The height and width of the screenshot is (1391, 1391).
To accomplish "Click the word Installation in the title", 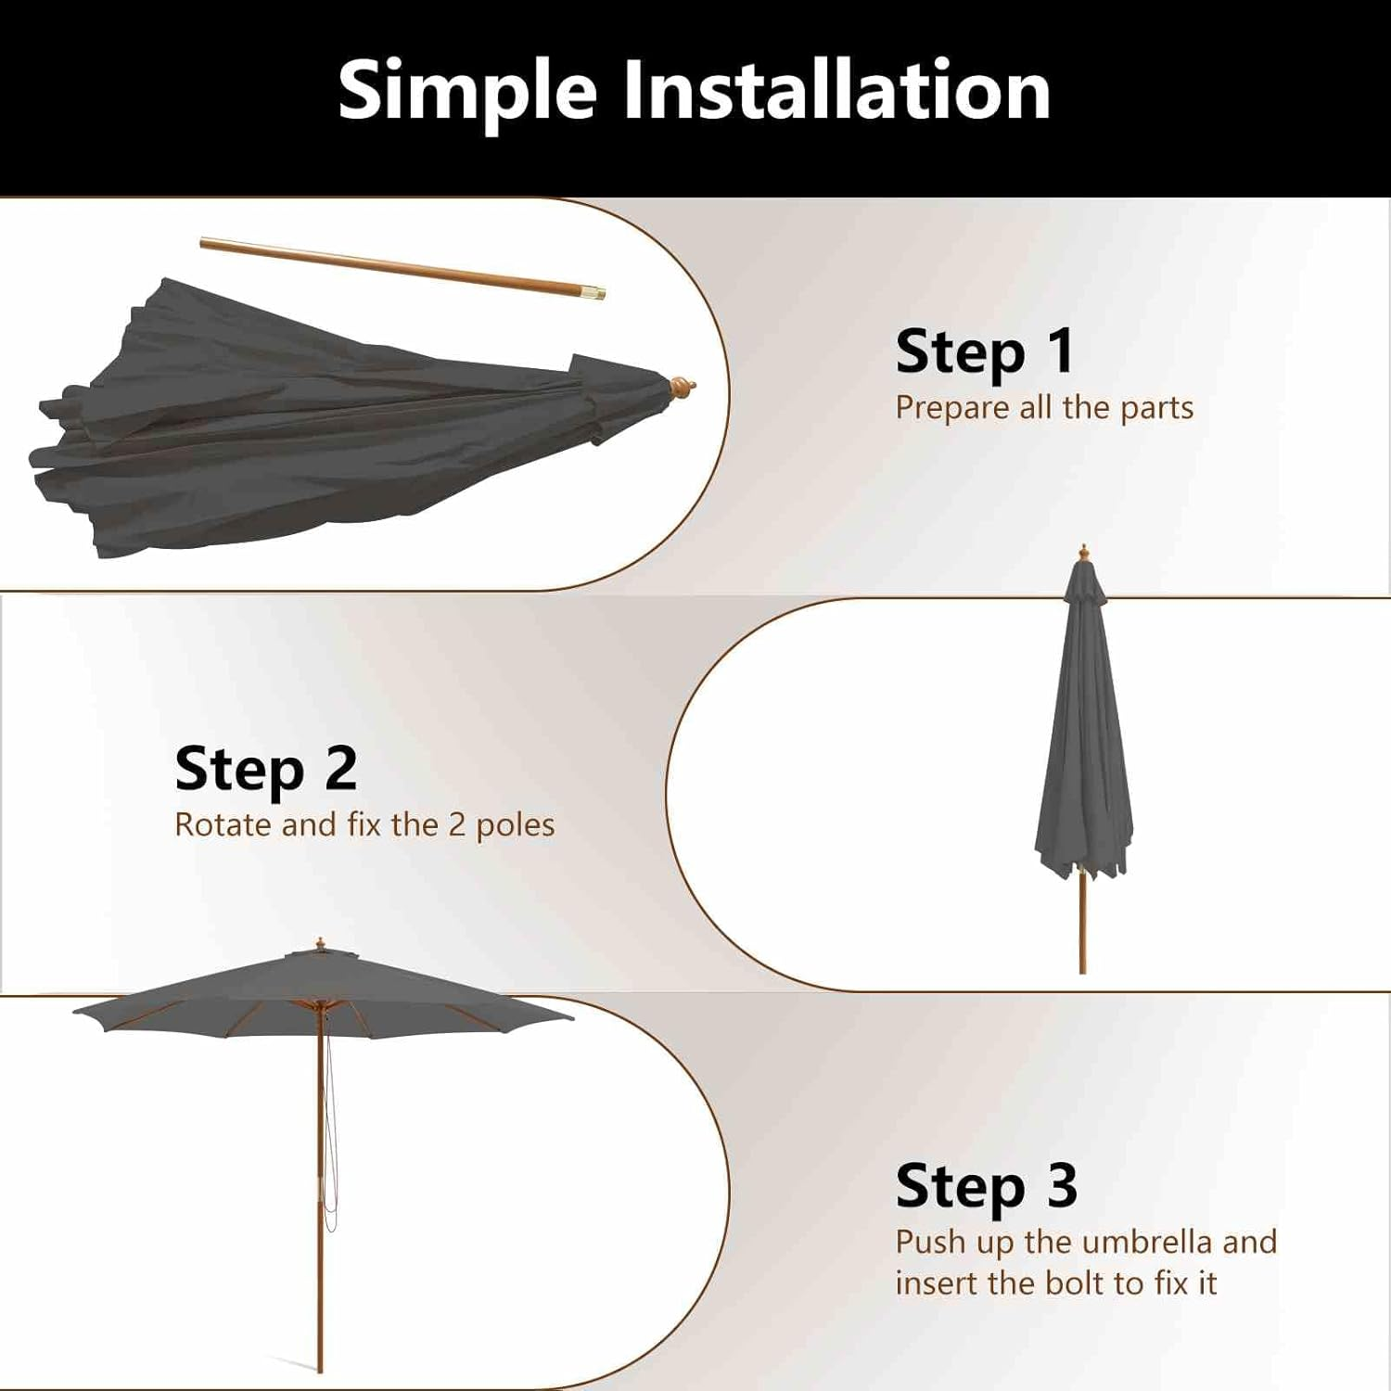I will [x=836, y=91].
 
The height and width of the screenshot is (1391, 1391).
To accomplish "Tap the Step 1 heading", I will [x=985, y=352].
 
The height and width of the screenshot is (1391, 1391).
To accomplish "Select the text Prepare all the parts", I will [x=1044, y=407].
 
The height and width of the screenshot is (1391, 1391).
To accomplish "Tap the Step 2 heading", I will [x=266, y=769].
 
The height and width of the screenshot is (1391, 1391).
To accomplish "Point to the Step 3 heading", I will [x=987, y=1186].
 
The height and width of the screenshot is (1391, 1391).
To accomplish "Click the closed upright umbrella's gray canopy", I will [x=1083, y=742].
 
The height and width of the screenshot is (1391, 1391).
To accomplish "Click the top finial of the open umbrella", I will [x=320, y=944].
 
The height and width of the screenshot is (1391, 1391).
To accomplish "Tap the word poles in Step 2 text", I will [x=515, y=824].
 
